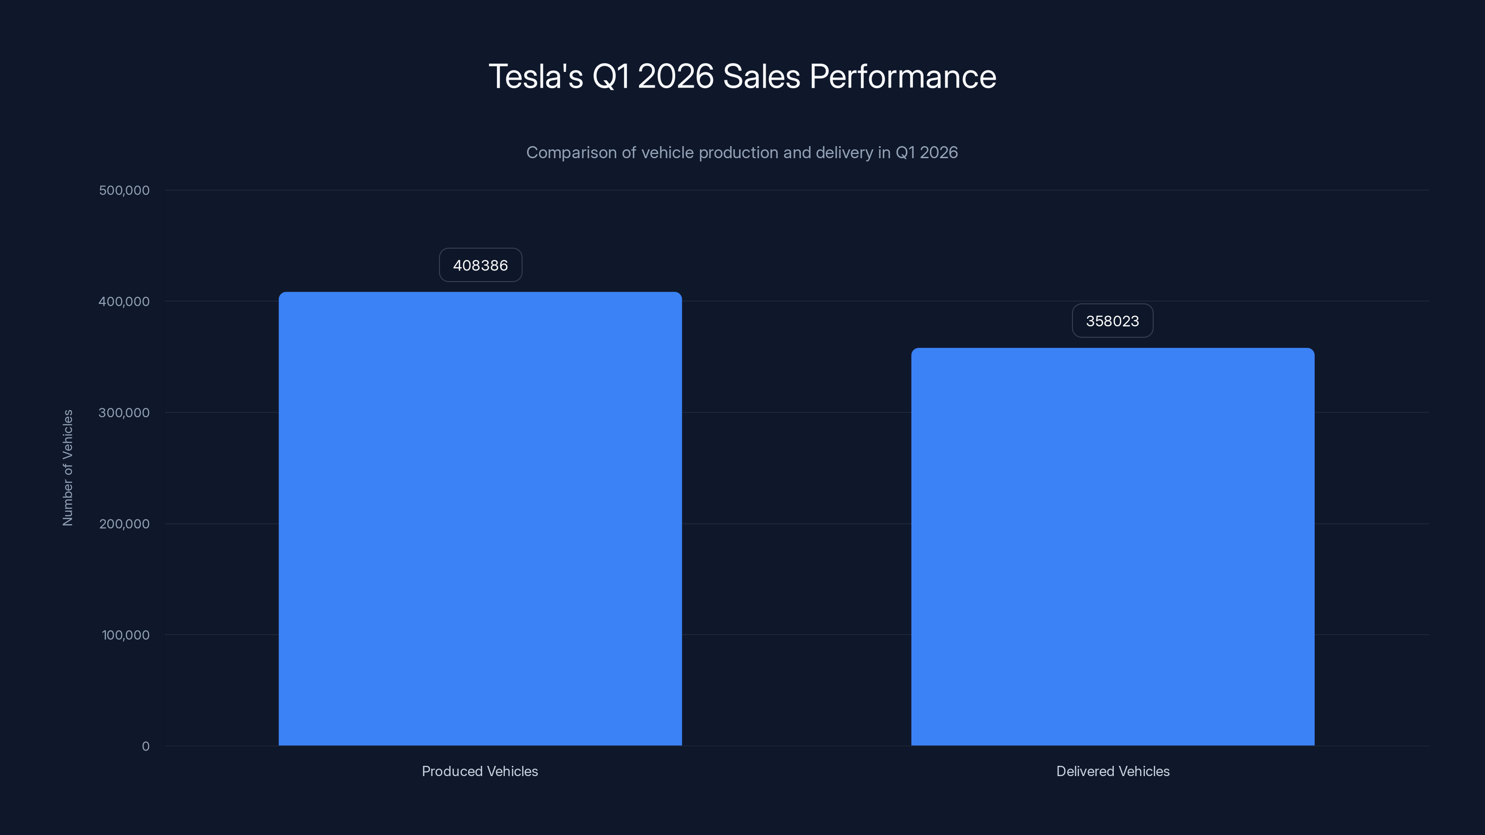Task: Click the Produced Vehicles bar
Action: tap(480, 519)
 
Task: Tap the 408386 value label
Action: tap(480, 265)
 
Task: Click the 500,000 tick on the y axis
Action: tap(124, 190)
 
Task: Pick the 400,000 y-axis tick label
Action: tap(124, 302)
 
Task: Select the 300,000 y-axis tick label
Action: tap(124, 412)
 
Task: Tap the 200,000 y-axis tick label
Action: tap(124, 524)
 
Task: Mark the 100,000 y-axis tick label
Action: tap(125, 635)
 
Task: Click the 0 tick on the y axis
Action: tap(145, 746)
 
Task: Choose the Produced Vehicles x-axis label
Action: tap(480, 771)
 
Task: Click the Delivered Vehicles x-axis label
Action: tap(1113, 771)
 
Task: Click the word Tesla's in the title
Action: tap(536, 77)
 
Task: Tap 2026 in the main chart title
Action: tap(676, 77)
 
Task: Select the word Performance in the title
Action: tap(902, 77)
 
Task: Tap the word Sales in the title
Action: tap(761, 77)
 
